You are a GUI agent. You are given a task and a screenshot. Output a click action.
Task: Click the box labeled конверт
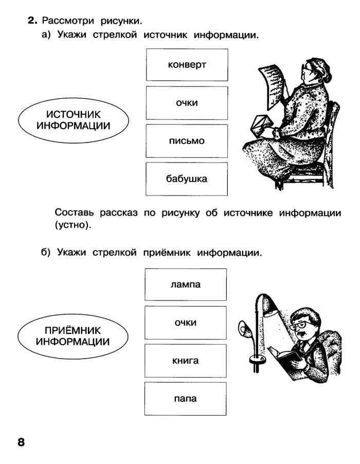tap(187, 65)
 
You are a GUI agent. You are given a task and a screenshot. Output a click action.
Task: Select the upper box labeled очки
tap(187, 103)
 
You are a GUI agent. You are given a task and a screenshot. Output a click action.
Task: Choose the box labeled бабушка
tap(187, 179)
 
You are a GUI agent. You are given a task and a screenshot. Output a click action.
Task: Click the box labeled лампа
tap(186, 284)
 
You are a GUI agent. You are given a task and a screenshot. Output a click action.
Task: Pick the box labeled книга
tap(186, 361)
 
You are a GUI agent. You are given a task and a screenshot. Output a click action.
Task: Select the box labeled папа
tap(186, 399)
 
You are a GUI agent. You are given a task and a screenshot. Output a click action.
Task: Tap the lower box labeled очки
tap(186, 323)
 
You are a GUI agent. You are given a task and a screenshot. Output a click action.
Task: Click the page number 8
tap(21, 442)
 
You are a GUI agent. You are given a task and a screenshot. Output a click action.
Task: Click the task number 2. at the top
tap(33, 21)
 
